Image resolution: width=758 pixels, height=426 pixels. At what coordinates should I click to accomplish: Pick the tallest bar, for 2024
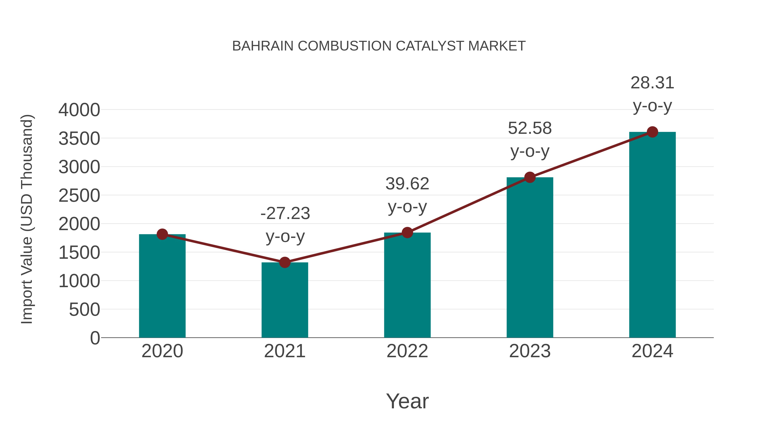652,235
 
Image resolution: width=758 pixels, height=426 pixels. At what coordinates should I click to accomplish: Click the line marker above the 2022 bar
407,232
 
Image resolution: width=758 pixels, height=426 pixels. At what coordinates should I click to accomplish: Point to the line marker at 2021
284,262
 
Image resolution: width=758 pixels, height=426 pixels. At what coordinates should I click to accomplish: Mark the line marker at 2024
652,132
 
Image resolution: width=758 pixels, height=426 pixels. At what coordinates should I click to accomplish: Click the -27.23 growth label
285,214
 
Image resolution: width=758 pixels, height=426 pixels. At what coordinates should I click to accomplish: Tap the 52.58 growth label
530,129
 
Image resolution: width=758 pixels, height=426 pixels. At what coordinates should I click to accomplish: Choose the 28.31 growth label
652,83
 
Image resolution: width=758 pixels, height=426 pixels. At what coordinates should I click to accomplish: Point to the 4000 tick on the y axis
79,110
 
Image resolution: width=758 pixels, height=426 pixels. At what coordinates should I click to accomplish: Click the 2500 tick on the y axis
79,196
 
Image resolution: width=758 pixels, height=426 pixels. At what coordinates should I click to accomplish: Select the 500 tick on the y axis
84,310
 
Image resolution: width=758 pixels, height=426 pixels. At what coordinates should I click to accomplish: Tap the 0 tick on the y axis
95,338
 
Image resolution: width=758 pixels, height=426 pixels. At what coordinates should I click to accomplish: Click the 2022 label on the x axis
407,351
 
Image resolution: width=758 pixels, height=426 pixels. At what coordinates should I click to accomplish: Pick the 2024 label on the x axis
652,351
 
